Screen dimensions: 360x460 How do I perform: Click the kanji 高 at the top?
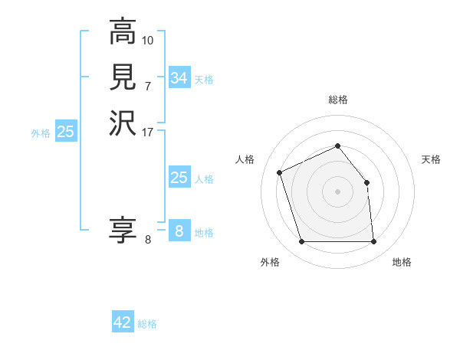pos(122,32)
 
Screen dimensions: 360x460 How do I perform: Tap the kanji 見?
pos(122,77)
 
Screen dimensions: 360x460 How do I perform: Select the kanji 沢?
pos(122,123)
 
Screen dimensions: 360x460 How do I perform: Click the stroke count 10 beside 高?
pos(148,40)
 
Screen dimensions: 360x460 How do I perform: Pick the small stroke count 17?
pos(148,132)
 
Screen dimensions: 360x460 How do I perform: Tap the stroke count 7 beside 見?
pos(148,86)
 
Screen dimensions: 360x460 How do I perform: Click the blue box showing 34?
pos(179,78)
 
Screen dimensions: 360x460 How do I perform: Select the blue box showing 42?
pos(122,322)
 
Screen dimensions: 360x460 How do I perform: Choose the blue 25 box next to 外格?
pos(66,132)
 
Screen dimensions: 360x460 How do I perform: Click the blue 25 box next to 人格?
pos(179,178)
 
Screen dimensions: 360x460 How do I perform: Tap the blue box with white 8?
pos(179,231)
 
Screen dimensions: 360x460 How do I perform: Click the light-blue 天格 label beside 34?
pos(204,80)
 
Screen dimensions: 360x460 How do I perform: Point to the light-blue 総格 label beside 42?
pos(147,324)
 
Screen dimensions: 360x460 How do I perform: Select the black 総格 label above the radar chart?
pos(337,100)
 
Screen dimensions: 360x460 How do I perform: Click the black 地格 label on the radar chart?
pos(402,262)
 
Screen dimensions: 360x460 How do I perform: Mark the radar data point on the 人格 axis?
pos(281,172)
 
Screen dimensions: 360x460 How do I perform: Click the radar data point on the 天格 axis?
pos(366,182)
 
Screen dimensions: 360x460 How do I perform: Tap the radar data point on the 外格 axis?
pos(302,242)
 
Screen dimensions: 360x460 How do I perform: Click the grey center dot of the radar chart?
pos(337,191)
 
